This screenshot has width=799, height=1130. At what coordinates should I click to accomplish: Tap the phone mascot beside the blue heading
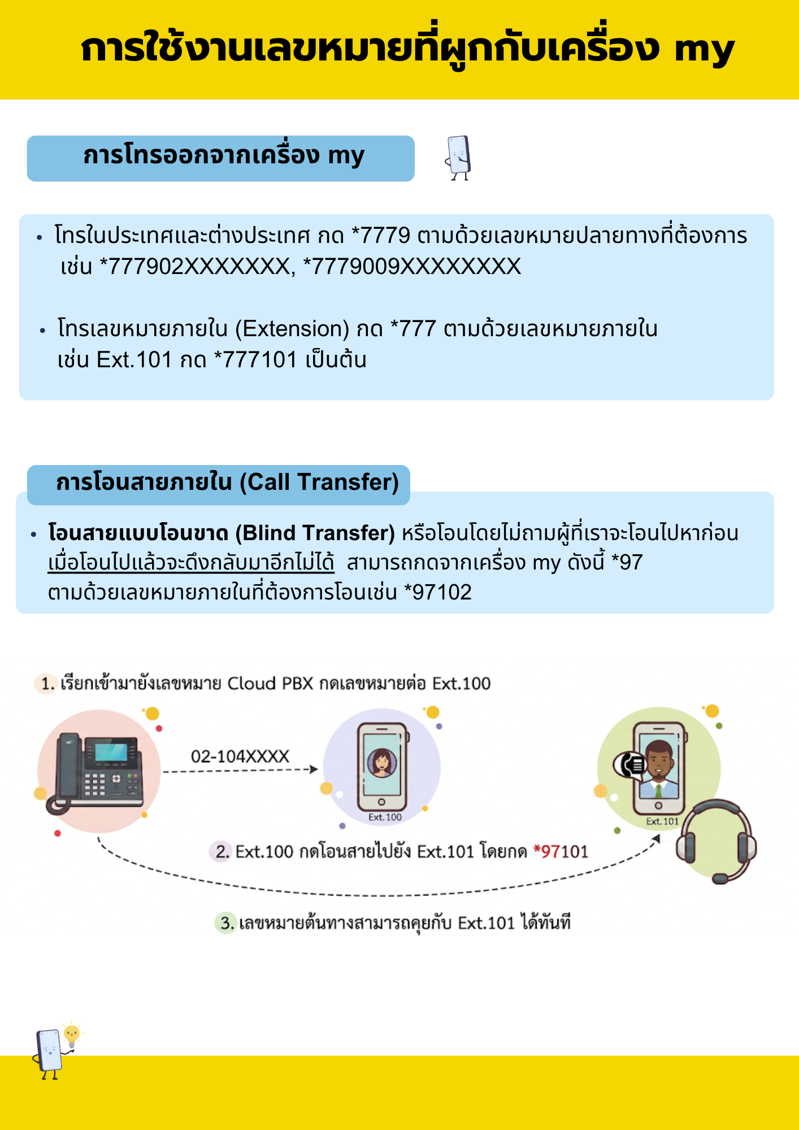coord(458,158)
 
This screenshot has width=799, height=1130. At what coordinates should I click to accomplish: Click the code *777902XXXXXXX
coord(195,266)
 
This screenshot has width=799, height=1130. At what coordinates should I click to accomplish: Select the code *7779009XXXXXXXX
coord(412,266)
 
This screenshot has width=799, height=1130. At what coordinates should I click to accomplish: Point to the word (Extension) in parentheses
coord(292,328)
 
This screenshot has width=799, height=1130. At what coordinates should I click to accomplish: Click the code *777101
coord(255,359)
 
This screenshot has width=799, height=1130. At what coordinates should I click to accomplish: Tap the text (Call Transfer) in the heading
coord(319,482)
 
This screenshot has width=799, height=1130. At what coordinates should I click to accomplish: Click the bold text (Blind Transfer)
coord(315,533)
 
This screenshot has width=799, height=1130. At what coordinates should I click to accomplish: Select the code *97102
coord(438,592)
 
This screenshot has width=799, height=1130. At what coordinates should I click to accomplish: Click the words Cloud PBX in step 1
coord(270,684)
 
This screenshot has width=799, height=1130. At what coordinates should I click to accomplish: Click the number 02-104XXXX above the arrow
coord(240,756)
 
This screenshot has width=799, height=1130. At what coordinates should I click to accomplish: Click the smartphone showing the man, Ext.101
coord(659,768)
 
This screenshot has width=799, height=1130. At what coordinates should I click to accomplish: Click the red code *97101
coord(561,851)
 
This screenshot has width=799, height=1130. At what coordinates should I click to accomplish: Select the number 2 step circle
coord(222,851)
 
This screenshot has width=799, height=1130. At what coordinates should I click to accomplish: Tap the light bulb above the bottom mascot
coord(72,1035)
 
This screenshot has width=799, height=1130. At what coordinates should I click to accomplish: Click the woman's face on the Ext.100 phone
coord(382,762)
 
